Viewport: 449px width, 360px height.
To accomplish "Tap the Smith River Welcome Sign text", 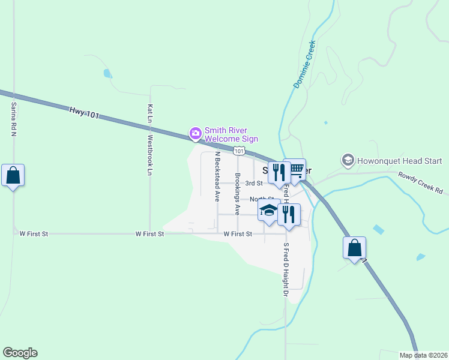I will pyautogui.click(x=231, y=135).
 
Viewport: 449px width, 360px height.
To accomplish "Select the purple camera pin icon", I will pyautogui.click(x=195, y=133).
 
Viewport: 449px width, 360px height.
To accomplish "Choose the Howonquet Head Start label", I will pyautogui.click(x=399, y=161).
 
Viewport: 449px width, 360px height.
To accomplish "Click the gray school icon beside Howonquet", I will pyautogui.click(x=348, y=160).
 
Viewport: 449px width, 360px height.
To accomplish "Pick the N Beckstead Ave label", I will pyautogui.click(x=217, y=176).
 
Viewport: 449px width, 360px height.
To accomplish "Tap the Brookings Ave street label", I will pyautogui.click(x=238, y=194).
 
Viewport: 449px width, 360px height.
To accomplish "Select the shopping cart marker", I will pyautogui.click(x=294, y=170).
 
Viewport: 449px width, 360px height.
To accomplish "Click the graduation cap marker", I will pyautogui.click(x=268, y=210).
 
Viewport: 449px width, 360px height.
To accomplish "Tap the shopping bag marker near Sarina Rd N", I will pyautogui.click(x=13, y=176).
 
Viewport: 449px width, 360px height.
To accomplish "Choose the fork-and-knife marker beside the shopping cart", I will pyautogui.click(x=279, y=173).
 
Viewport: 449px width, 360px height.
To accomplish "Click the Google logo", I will pyautogui.click(x=20, y=353).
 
